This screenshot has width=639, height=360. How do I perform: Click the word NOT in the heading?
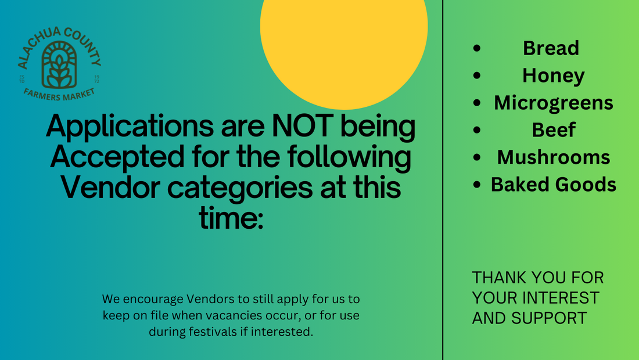(303, 126)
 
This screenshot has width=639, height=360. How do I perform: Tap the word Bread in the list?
(551, 48)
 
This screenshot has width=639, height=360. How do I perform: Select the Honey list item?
(554, 76)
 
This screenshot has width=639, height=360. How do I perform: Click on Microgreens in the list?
(554, 103)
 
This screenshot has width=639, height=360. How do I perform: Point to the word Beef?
(554, 130)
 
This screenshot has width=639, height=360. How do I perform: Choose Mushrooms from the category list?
(554, 157)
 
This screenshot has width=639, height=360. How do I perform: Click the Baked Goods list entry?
(554, 185)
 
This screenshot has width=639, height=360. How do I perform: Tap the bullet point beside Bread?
(477, 48)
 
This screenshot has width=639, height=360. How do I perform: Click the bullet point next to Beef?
(477, 130)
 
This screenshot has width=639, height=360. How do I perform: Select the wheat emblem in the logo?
(59, 65)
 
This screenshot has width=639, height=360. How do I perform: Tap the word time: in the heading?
(231, 218)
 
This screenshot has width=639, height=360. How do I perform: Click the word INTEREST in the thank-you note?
(561, 298)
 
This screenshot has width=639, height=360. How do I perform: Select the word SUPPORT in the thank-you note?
(549, 318)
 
